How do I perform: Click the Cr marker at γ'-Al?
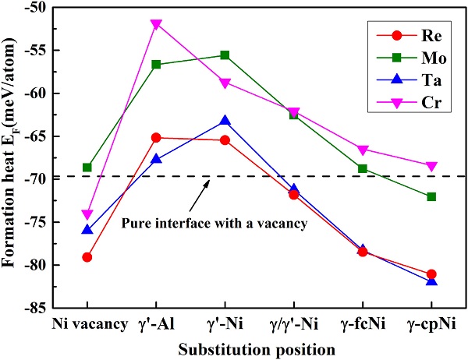(x=156, y=24)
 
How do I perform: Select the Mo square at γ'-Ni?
(x=225, y=55)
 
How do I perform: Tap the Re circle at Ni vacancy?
(x=87, y=257)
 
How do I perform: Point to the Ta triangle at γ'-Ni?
(x=225, y=121)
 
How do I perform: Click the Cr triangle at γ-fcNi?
(x=363, y=150)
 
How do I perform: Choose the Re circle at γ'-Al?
(x=156, y=138)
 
